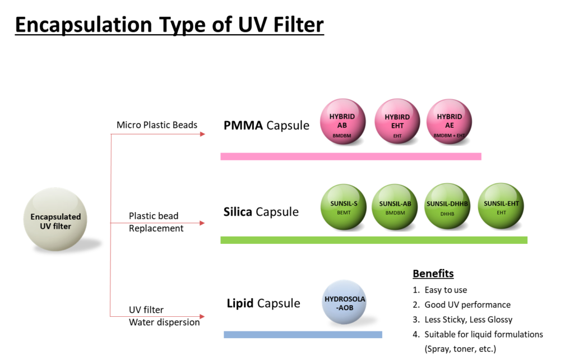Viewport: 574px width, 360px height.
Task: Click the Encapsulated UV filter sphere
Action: pyautogui.click(x=55, y=219)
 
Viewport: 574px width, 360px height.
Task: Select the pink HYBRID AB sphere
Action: pyautogui.click(x=342, y=122)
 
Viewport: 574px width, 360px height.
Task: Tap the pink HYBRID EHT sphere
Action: pyautogui.click(x=397, y=122)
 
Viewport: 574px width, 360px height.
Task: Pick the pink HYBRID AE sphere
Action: pyautogui.click(x=449, y=122)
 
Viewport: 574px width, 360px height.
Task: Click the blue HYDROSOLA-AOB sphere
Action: pyautogui.click(x=345, y=302)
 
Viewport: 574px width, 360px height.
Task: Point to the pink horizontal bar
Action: pyautogui.click(x=350, y=156)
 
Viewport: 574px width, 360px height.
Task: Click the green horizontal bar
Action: pyautogui.click(x=374, y=240)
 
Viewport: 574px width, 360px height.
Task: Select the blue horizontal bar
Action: pyautogui.click(x=303, y=335)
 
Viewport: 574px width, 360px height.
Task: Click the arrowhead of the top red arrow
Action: pyautogui.click(x=203, y=134)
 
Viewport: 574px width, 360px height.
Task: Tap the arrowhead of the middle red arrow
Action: pyautogui.click(x=203, y=223)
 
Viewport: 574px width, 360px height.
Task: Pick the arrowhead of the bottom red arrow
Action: pyautogui.click(x=203, y=317)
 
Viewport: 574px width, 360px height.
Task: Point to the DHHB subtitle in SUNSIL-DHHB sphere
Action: pyautogui.click(x=447, y=214)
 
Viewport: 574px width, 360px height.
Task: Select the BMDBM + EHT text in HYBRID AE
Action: pyautogui.click(x=449, y=136)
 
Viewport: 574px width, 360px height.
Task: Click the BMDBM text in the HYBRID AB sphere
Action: pyautogui.click(x=342, y=136)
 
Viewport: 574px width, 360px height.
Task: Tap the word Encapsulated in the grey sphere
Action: pyautogui.click(x=55, y=216)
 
